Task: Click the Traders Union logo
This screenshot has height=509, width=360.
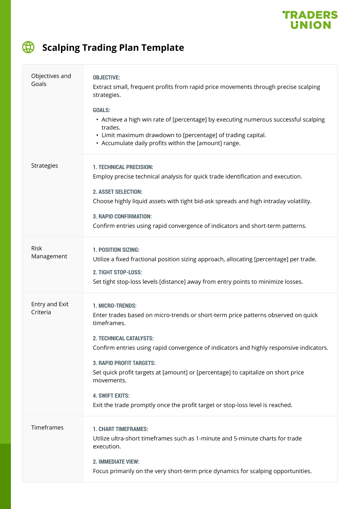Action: pos(310,20)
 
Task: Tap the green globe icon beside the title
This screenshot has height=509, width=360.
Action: pos(28,47)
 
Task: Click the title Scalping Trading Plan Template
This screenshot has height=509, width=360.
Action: pos(113,48)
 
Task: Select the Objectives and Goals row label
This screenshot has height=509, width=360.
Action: pos(51,80)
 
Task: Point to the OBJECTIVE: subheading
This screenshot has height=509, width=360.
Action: pos(106,78)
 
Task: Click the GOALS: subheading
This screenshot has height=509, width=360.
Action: pos(101,110)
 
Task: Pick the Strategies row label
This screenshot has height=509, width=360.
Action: pos(45,165)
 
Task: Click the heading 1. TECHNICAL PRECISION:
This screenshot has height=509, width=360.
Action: pos(123,167)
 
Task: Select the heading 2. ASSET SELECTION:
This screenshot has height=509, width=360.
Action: pos(118,192)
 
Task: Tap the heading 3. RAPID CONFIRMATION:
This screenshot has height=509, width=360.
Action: pos(122,217)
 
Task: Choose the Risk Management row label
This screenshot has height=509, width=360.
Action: pos(49,252)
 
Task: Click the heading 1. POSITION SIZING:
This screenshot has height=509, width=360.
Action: pos(116,250)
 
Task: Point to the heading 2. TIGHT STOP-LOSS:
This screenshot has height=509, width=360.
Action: pos(117,272)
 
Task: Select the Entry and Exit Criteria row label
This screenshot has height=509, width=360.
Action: pos(50,308)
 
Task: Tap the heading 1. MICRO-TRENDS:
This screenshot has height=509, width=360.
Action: pos(115,306)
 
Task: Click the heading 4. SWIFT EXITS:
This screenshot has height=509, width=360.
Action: pos(111,396)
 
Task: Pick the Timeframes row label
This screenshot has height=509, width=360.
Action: pos(47,427)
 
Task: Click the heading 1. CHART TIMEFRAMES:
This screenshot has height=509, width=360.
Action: pos(120,429)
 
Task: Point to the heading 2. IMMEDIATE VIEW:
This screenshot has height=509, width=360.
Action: pos(116,462)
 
